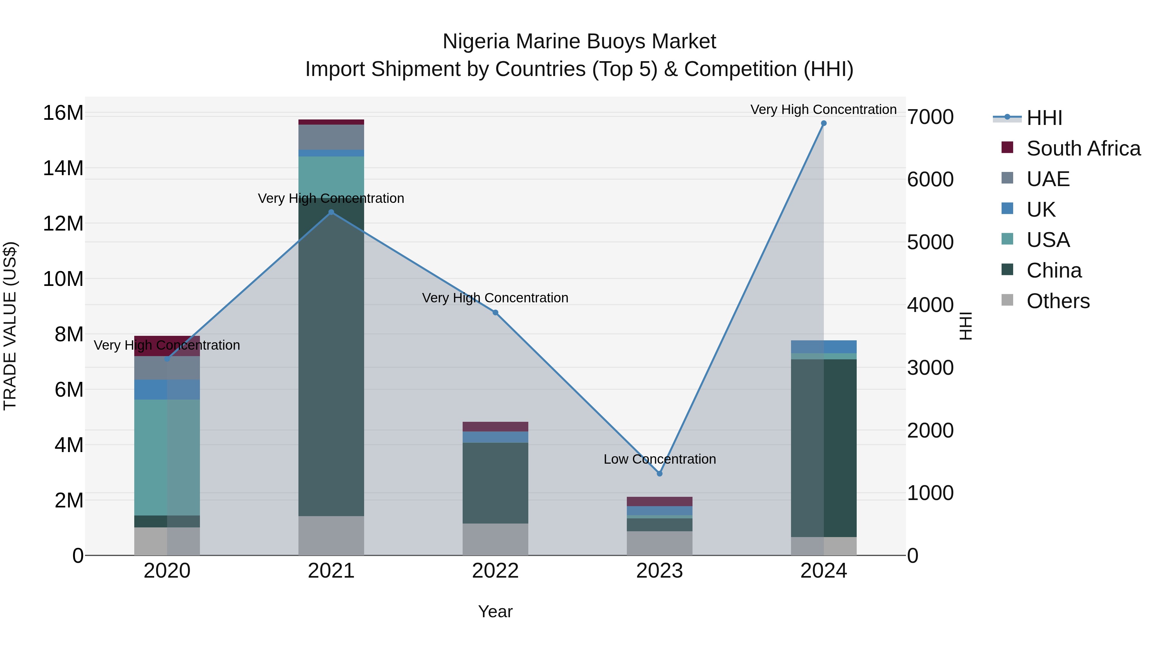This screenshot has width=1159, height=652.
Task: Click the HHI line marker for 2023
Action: coord(660,473)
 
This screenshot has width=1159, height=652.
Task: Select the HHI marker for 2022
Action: coord(495,312)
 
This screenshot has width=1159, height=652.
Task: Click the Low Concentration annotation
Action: coord(660,459)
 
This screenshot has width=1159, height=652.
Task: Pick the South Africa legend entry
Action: coord(1083,148)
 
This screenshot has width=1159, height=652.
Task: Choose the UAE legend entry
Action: coord(1048,179)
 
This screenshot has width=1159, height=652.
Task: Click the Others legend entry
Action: coord(1058,301)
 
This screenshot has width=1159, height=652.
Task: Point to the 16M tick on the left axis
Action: coord(63,112)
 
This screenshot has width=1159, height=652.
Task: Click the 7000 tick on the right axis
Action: coord(930,117)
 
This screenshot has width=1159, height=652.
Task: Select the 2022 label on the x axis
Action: coord(495,571)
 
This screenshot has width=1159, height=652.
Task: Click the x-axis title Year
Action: coord(495,611)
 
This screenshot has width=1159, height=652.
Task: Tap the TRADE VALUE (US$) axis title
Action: coord(10,326)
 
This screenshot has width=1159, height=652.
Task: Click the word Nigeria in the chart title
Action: coord(476,42)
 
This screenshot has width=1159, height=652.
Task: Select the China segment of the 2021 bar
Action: coord(331,360)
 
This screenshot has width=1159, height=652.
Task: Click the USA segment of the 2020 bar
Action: coord(167,457)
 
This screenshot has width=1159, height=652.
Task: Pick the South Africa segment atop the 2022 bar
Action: coord(495,427)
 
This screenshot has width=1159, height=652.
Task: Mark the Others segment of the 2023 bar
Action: coord(660,543)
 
